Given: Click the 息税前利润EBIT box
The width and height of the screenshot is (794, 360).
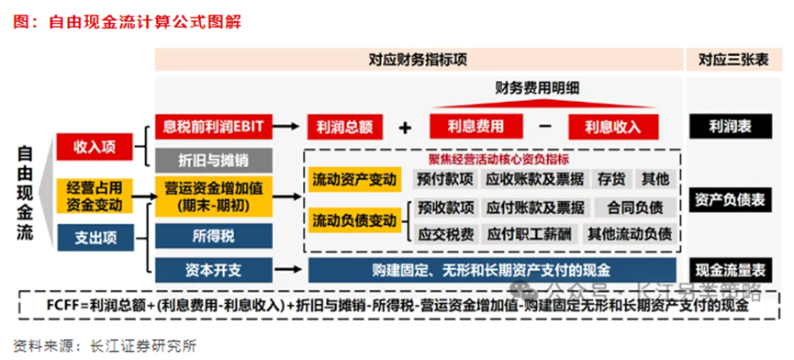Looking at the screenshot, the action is [x=213, y=125].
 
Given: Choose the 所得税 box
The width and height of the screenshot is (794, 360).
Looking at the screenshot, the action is [x=213, y=237].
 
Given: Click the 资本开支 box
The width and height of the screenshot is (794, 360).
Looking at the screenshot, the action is [x=213, y=270].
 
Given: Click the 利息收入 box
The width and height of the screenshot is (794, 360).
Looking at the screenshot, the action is [x=614, y=127].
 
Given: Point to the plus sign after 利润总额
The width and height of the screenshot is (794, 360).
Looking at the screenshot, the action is [x=404, y=128].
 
